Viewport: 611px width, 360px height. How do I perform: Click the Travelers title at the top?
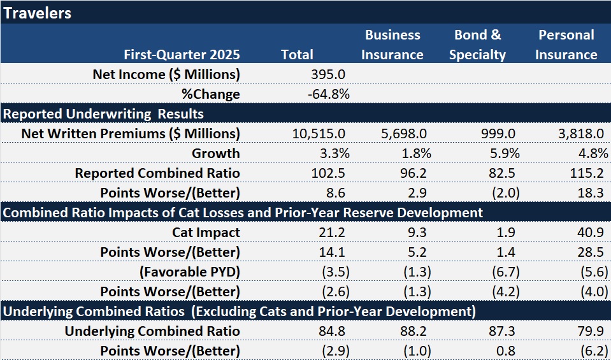coord(36,13)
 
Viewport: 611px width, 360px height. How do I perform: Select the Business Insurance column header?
coord(392,45)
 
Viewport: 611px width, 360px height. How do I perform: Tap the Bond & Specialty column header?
coord(477,45)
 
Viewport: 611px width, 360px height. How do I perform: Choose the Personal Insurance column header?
coord(566,45)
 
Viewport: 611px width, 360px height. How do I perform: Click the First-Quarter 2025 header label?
coord(182,55)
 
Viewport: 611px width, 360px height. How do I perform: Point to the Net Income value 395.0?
coord(327,75)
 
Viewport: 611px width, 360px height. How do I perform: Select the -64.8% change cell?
coord(328,94)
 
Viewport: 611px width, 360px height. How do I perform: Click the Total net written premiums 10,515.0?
coord(319,134)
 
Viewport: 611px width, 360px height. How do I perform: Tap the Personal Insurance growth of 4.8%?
coord(589,154)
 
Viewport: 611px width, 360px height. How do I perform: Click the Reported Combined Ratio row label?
coord(157,173)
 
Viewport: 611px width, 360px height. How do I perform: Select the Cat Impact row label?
coord(206,233)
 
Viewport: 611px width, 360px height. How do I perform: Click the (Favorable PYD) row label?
coord(190,272)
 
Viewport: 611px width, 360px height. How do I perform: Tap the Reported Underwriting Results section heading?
coord(103,114)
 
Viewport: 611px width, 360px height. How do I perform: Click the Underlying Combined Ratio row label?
coord(152,331)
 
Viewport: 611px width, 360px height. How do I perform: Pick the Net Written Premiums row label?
coord(131,134)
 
